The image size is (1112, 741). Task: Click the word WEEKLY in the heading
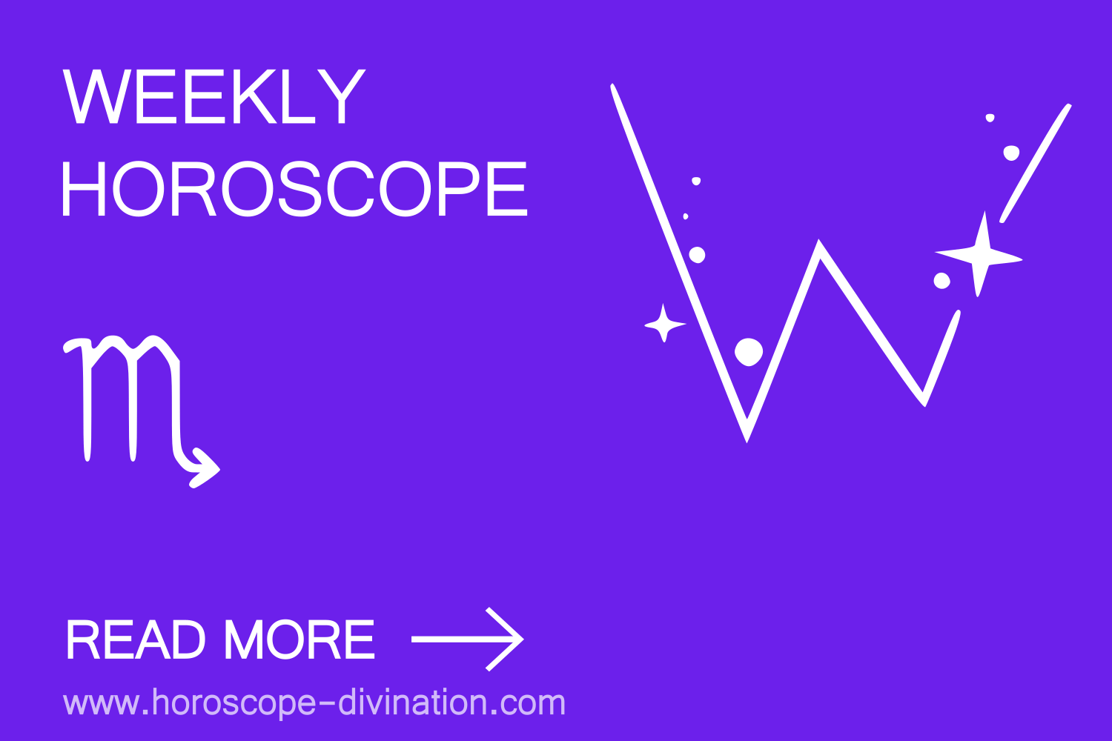point(214,98)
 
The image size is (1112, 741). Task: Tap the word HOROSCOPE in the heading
point(294,190)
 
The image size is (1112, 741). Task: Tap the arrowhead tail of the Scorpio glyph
point(203,468)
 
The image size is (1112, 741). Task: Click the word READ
point(135,639)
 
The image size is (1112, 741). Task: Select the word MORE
point(299,639)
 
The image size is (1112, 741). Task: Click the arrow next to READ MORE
point(467,639)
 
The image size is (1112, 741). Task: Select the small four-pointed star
point(664,324)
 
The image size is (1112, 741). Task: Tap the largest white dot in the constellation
point(749,351)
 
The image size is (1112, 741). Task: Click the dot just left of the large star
point(941,281)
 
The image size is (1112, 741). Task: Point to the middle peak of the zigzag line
point(818,245)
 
